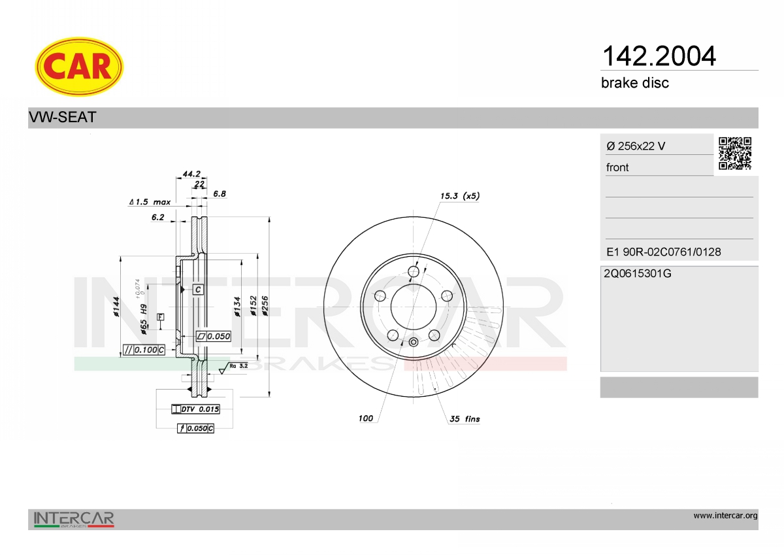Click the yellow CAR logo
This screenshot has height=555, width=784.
click(79, 67)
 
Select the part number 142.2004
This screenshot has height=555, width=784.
click(659, 56)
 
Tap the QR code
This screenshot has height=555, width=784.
click(735, 154)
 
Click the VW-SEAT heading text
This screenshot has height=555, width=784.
click(62, 117)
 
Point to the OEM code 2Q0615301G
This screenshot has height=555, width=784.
click(638, 273)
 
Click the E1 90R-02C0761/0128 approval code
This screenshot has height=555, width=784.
click(663, 252)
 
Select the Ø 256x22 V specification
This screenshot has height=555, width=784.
click(636, 146)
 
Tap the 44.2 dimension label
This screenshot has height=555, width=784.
click(191, 174)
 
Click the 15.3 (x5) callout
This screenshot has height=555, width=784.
click(459, 195)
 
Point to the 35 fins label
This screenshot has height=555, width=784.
click(465, 419)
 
